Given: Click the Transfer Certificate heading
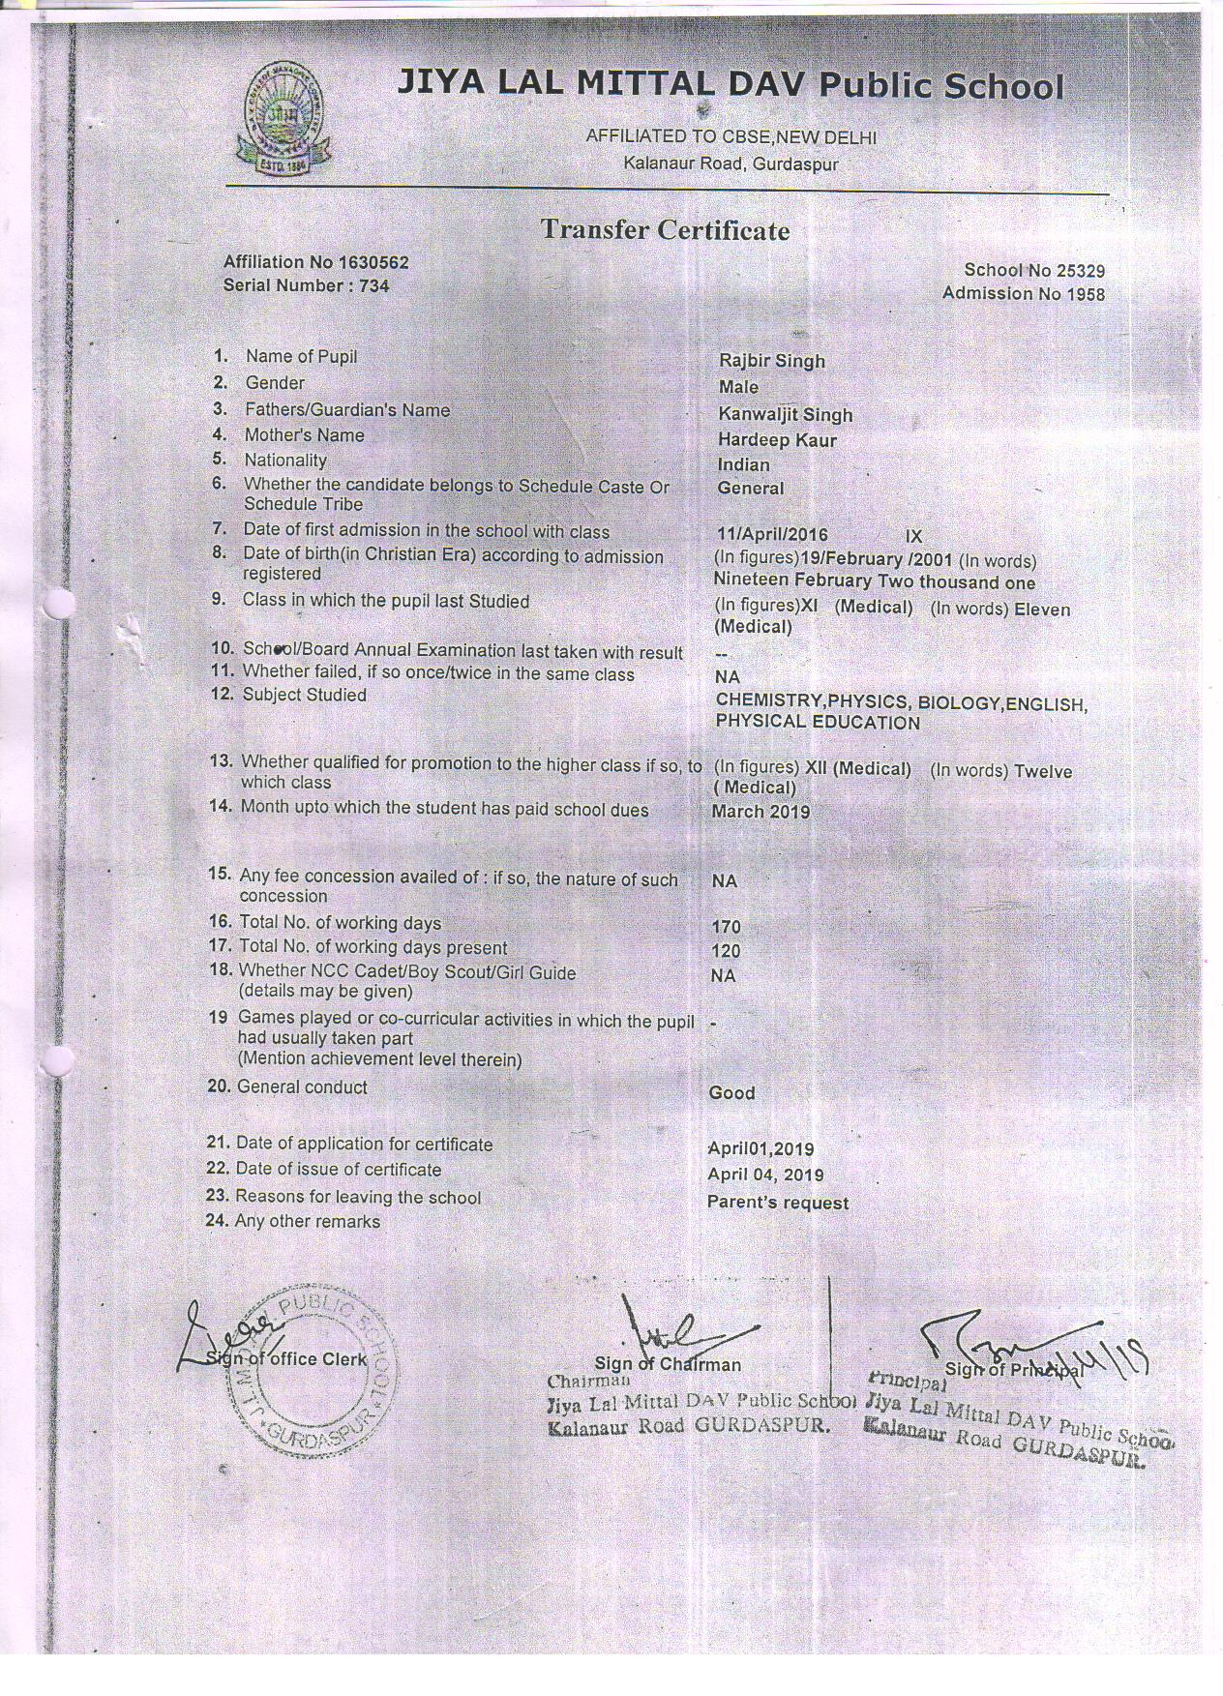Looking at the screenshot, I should [665, 230].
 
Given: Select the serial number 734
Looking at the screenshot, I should [373, 285].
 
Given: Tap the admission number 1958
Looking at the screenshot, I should [1086, 294].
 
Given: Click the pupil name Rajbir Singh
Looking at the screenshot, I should [771, 361].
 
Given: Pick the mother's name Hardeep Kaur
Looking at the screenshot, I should [777, 440].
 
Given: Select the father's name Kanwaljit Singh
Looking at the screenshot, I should [785, 415].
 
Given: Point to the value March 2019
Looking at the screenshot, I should [761, 812].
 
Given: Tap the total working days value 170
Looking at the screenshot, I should [726, 927].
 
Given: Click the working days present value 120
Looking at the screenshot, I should [726, 951].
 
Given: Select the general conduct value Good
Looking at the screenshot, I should [731, 1092].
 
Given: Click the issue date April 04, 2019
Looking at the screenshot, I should [765, 1175].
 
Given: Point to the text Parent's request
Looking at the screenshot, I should [777, 1203].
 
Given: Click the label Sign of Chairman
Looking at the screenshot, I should [668, 1364].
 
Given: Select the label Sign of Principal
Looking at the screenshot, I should [1012, 1368].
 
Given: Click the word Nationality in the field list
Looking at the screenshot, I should [284, 461].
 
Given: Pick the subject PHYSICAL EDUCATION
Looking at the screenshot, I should [818, 723].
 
